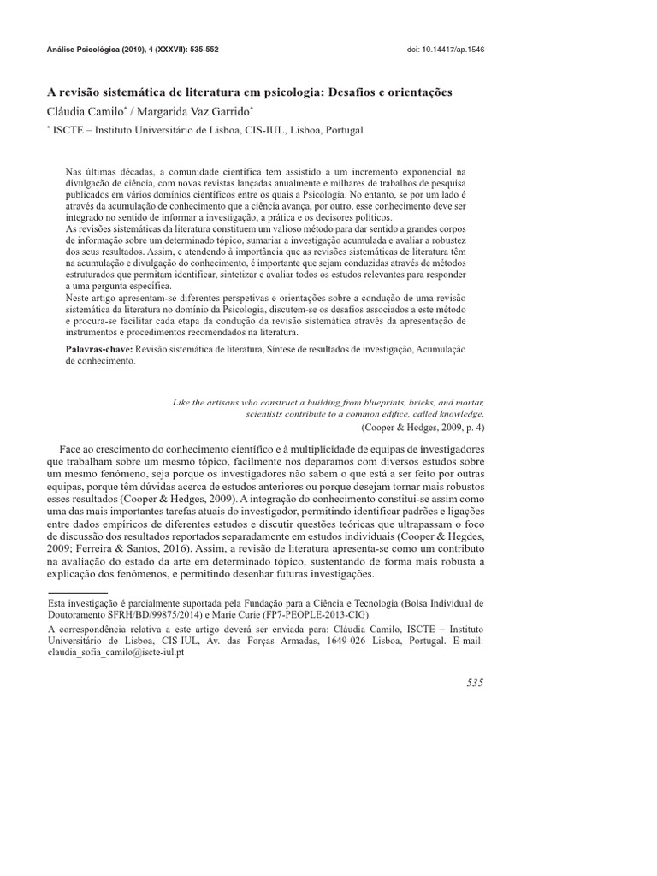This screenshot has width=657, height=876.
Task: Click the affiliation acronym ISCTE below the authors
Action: point(74,130)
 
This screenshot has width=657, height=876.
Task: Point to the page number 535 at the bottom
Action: point(475,682)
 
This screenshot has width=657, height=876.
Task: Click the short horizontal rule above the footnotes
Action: point(77,591)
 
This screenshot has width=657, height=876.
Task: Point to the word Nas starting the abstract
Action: point(75,171)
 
